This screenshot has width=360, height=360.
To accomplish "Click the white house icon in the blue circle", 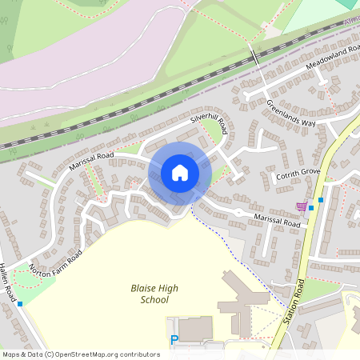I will point(180,173).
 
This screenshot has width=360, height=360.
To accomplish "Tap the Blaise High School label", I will point(149,294).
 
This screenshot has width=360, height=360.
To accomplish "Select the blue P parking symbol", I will point(174,340).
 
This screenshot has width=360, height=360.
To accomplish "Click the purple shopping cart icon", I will point(301,206).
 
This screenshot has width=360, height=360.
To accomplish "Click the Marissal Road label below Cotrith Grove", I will point(277,221).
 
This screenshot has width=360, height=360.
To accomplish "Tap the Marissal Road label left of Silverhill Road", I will point(92,161).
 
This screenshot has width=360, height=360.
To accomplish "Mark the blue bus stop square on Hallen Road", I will point(20,304).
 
